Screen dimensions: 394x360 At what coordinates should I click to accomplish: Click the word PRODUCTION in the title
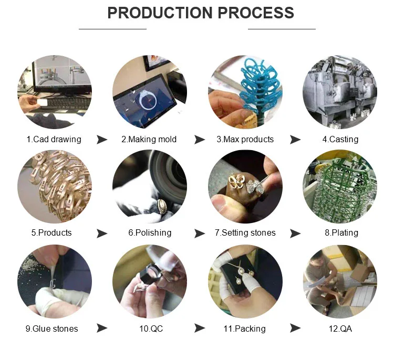[160, 13]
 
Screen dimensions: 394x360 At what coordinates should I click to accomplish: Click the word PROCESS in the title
[255, 13]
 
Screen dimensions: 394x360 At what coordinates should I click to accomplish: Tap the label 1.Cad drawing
[54, 140]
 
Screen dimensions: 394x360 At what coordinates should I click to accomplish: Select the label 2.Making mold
[149, 140]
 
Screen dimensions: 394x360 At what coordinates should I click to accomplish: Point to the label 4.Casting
[340, 140]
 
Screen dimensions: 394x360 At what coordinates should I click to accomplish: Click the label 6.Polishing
[150, 232]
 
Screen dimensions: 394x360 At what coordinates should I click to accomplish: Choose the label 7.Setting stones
[245, 232]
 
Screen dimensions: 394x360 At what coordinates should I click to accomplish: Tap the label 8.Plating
[341, 232]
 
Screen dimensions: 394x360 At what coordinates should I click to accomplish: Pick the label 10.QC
[151, 329]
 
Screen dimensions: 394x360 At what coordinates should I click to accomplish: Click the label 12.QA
[340, 329]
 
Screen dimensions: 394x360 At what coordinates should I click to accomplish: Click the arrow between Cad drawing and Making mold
[102, 140]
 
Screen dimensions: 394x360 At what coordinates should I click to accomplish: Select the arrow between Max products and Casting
[295, 140]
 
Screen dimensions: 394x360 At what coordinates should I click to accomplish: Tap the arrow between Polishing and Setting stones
[200, 234]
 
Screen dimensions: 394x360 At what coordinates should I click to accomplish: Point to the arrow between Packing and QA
[295, 328]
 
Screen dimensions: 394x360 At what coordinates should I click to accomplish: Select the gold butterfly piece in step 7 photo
[236, 182]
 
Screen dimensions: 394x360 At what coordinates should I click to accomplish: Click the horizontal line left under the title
[112, 29]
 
